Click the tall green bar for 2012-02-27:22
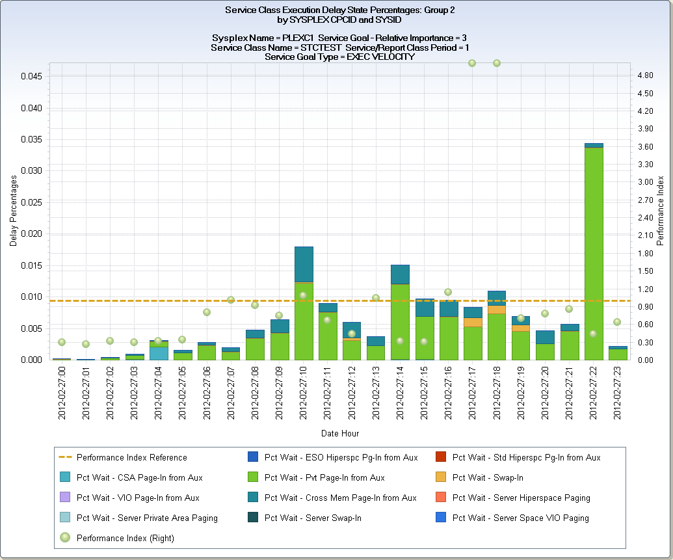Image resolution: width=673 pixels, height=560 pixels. tap(594, 254)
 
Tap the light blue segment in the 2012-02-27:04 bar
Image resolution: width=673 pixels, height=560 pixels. tap(159, 353)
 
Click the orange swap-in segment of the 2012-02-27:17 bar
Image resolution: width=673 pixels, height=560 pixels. tap(473, 322)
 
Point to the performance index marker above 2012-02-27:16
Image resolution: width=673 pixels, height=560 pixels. tap(448, 292)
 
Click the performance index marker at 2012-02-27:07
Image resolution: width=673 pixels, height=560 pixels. tap(231, 300)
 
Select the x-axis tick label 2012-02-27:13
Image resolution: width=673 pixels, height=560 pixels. tap(376, 393)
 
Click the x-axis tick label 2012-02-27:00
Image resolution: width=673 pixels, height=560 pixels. tap(62, 393)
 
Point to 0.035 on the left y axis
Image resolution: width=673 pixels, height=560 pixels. tap(32, 139)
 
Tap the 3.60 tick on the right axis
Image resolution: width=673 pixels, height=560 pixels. tap(646, 146)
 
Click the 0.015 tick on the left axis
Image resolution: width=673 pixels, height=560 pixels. tap(32, 265)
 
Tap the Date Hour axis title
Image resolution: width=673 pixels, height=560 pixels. tap(339, 433)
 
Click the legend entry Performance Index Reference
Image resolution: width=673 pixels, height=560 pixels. tap(131, 457)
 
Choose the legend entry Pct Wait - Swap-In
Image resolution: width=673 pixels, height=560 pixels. tap(488, 477)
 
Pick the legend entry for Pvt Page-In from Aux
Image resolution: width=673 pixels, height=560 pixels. tap(324, 477)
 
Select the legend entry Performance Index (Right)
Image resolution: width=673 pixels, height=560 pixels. tap(125, 538)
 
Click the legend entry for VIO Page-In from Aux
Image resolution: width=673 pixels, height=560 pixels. tap(138, 498)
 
